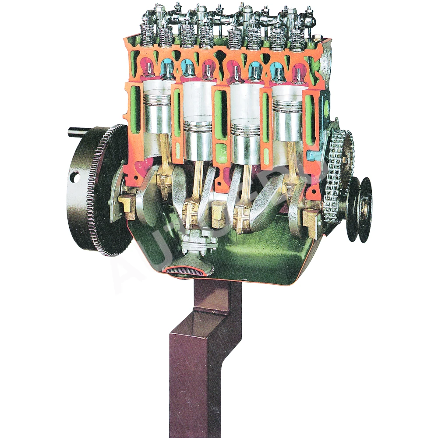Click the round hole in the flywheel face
coord(74,177)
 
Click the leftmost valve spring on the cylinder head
coord(147,35)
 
